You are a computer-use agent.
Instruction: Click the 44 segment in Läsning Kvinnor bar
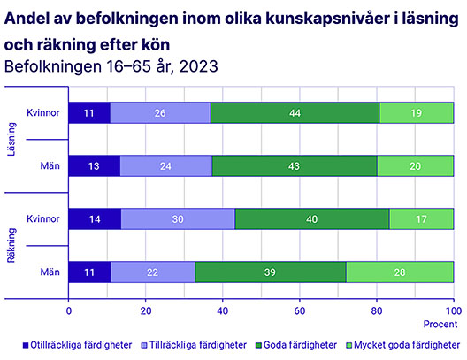(x=295, y=112)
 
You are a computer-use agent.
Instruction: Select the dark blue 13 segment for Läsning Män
(x=95, y=166)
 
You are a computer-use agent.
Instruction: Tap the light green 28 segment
(x=400, y=272)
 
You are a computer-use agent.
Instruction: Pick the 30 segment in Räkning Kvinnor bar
(x=178, y=218)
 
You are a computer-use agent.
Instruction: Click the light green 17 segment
(x=421, y=218)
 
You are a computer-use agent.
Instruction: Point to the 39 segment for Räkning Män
(x=271, y=272)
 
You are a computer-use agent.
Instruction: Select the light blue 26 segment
(x=161, y=112)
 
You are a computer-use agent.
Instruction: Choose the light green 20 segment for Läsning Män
(x=415, y=166)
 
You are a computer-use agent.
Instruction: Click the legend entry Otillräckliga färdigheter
(x=78, y=345)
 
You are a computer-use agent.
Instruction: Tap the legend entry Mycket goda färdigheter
(x=403, y=345)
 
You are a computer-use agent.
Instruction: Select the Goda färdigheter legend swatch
(x=258, y=346)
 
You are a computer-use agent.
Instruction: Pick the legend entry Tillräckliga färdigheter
(x=194, y=345)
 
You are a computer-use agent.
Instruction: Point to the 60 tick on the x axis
(x=300, y=310)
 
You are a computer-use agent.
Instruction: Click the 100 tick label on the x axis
(x=454, y=310)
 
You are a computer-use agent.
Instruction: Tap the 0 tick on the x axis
(x=69, y=310)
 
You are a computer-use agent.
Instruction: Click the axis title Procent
(x=440, y=324)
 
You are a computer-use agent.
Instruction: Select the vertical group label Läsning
(x=11, y=139)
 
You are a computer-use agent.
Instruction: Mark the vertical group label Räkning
(x=11, y=245)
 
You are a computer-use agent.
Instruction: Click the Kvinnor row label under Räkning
(x=43, y=218)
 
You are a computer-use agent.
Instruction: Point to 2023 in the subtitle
(x=199, y=66)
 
